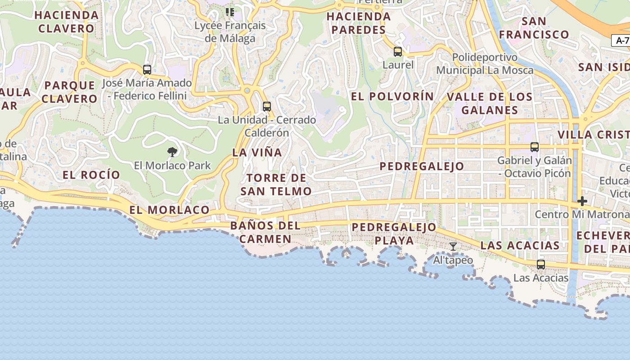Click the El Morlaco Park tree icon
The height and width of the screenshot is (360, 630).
172,152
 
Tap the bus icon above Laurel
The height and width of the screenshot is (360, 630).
398,52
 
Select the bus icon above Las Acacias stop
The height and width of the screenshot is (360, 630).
541,265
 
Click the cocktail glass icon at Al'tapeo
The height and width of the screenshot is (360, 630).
453,247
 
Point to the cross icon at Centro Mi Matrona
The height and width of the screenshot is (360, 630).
582,201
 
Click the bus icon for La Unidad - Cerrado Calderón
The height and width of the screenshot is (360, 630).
267,107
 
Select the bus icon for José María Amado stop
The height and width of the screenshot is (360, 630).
147,70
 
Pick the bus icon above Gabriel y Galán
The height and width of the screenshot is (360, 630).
535,147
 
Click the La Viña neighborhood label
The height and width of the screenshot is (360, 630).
257,153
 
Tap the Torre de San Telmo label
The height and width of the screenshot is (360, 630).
276,184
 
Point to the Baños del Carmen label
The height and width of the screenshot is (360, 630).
265,232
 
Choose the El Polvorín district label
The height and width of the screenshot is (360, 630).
392,96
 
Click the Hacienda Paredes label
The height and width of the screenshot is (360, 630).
359,23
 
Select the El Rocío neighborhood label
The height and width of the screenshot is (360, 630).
91,175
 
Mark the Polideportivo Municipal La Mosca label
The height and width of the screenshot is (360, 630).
485,64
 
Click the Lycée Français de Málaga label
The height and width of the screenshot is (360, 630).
230,32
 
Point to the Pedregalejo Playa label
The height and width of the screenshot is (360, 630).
394,234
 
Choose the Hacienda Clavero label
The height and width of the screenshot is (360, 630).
67,22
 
